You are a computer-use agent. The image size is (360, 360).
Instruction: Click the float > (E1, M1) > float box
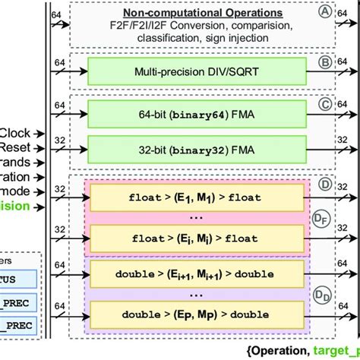point(196,198)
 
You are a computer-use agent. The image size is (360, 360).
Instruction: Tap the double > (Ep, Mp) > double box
point(196,314)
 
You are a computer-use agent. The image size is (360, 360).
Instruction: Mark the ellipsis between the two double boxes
point(196,292)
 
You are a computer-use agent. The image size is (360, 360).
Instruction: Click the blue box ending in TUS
point(20,278)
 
